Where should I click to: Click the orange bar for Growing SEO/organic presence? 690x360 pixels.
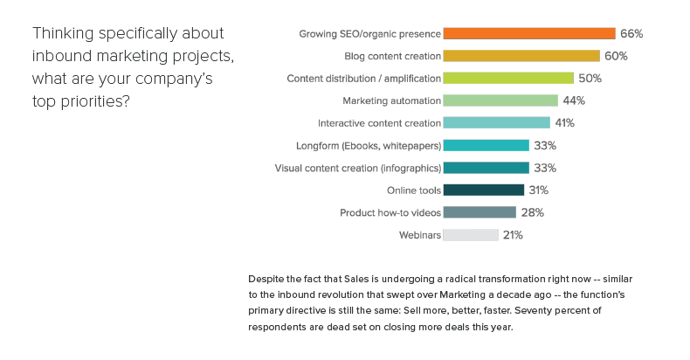click(x=529, y=33)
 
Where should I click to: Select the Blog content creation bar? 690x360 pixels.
click(x=521, y=56)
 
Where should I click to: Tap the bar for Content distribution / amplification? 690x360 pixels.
click(x=508, y=78)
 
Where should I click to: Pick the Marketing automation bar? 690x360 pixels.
click(x=500, y=100)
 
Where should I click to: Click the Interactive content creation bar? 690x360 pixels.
click(x=496, y=123)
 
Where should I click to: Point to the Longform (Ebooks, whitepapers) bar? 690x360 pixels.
click(x=486, y=145)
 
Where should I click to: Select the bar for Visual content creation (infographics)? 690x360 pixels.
click(x=486, y=168)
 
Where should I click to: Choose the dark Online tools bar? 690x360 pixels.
click(x=483, y=190)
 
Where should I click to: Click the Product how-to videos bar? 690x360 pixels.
click(x=480, y=212)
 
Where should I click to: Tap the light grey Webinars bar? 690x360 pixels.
click(x=471, y=234)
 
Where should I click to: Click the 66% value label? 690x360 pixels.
click(x=631, y=33)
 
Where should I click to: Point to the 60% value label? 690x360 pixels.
click(x=616, y=56)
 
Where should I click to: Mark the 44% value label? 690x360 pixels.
click(x=574, y=100)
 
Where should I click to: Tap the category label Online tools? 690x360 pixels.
click(x=411, y=190)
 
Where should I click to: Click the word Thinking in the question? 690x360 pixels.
click(x=60, y=34)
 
